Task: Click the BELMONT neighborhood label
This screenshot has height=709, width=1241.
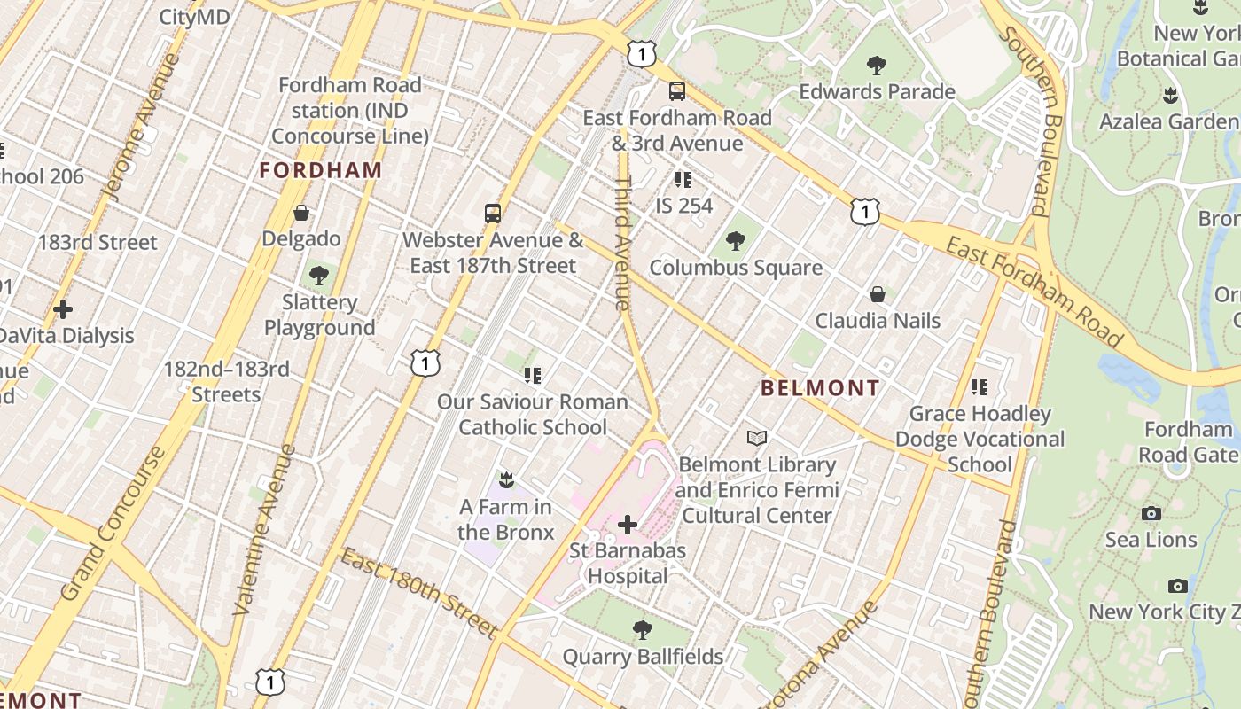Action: pos(820,388)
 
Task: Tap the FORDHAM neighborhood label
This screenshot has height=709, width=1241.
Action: pos(321,170)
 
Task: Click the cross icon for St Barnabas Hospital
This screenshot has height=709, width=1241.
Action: pos(628,525)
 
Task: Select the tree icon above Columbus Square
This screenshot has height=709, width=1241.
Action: pos(735,240)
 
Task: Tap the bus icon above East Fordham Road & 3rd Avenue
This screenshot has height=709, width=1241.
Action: pos(676,90)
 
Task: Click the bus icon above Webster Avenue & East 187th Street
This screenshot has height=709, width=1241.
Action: pos(493,213)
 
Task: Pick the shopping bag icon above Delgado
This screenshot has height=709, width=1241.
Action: pos(301,213)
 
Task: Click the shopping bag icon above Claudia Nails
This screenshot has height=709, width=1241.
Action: pos(878,293)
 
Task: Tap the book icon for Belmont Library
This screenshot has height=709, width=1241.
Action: pos(757,438)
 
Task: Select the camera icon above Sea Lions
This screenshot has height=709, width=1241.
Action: pos(1151,513)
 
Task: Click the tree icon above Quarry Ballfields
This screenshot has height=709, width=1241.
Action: pos(643,630)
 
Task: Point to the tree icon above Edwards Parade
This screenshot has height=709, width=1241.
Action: pos(877,65)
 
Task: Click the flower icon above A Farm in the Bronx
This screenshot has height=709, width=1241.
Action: pos(506,480)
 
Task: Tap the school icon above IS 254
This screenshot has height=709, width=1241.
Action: pos(683,179)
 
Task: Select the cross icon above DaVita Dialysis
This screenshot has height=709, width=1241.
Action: pos(63,309)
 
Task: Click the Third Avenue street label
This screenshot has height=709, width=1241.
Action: pos(623,243)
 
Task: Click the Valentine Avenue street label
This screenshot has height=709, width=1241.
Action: pos(264,530)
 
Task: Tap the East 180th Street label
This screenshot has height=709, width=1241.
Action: pos(418,593)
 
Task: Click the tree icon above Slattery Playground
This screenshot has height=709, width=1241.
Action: pos(319,276)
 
